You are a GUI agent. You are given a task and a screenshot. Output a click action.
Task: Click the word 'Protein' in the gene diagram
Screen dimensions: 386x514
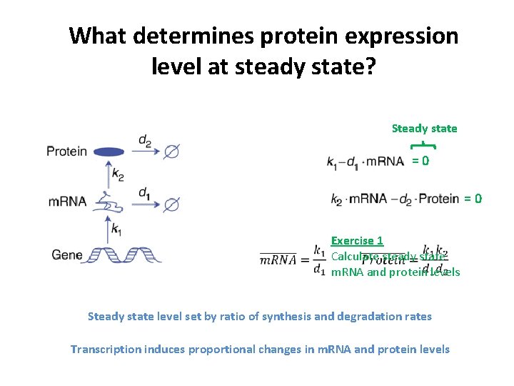tap(66, 152)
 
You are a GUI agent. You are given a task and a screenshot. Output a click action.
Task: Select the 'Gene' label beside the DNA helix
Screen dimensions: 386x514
tap(66, 254)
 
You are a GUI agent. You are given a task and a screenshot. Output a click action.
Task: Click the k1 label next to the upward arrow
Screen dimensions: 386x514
tap(117, 229)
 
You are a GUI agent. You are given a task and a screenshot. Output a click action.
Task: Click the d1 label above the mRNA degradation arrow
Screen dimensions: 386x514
tap(144, 192)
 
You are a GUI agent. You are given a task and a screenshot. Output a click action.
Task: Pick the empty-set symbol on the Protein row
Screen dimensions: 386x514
tap(171, 152)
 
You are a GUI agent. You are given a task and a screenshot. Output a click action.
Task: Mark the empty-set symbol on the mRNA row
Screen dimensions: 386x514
tap(171, 204)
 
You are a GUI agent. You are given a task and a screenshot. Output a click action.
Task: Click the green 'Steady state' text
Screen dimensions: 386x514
tap(424, 129)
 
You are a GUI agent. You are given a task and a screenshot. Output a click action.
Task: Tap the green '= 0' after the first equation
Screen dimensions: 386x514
tap(420, 162)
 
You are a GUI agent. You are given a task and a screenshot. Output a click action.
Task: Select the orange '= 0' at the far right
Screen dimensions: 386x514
tap(473, 198)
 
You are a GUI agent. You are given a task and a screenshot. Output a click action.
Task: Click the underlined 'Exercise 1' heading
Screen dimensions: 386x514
tap(357, 241)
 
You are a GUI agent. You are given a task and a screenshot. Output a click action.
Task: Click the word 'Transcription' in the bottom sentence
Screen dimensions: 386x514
tap(104, 349)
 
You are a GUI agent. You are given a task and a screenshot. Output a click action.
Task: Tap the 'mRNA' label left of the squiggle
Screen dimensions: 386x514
tap(67, 202)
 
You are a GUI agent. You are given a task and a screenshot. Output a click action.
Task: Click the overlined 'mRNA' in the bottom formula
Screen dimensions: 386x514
tap(278, 260)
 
